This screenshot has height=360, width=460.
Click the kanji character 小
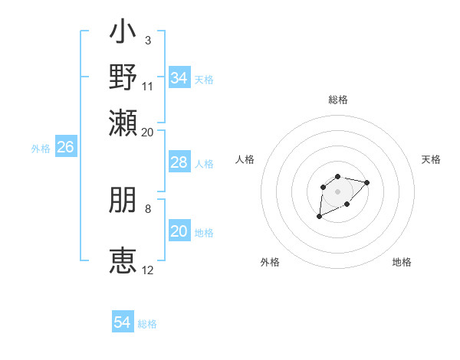click(123, 34)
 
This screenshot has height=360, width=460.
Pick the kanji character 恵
click(123, 260)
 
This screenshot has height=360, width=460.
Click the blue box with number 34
click(179, 78)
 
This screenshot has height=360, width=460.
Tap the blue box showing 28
click(179, 162)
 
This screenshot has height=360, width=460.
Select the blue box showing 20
click(179, 231)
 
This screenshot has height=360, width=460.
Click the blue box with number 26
click(65, 148)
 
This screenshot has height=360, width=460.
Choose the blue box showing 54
click(123, 322)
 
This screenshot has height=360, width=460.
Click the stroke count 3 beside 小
click(147, 40)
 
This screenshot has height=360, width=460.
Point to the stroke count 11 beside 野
click(148, 86)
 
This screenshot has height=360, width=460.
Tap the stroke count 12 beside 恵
click(148, 270)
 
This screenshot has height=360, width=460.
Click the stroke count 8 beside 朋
click(147, 208)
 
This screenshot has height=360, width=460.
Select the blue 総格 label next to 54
click(147, 324)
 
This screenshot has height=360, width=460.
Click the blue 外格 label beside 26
click(41, 149)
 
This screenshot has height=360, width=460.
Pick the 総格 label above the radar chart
click(337, 100)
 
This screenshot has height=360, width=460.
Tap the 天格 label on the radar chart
click(431, 159)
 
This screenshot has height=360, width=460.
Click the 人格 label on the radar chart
click(245, 159)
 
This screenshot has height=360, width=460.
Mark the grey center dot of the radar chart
click(337, 190)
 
